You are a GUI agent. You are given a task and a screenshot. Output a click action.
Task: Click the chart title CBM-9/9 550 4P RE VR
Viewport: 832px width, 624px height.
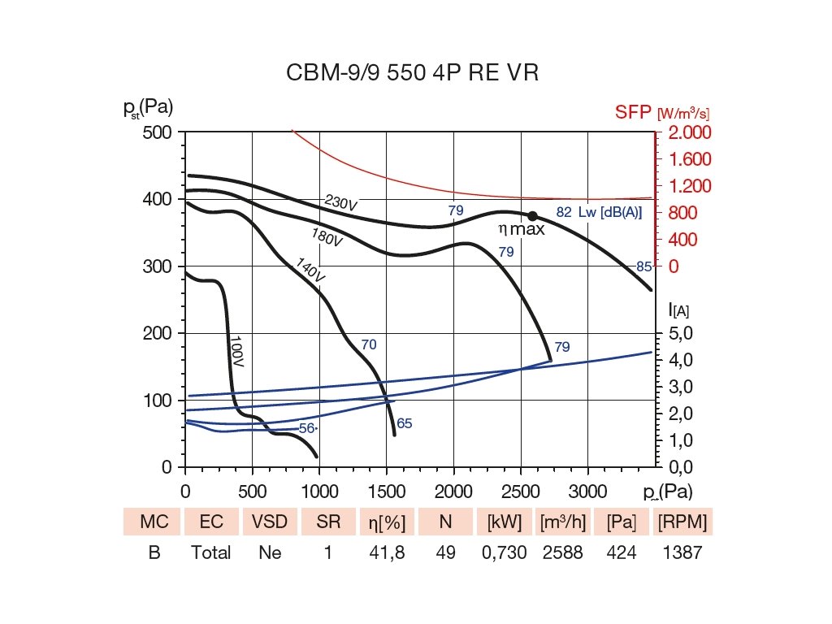pyautogui.click(x=413, y=73)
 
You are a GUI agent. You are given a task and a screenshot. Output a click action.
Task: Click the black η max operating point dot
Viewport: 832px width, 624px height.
pyautogui.click(x=533, y=216)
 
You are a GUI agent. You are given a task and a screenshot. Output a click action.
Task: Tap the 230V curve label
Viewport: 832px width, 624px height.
pyautogui.click(x=340, y=203)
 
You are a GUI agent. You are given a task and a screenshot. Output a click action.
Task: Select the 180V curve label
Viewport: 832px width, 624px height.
pyautogui.click(x=327, y=237)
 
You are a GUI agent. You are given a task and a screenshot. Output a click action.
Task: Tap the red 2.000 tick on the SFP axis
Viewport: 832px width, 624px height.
pyautogui.click(x=690, y=132)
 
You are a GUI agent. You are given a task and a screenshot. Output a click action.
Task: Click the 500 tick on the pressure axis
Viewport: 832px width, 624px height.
pyautogui.click(x=158, y=132)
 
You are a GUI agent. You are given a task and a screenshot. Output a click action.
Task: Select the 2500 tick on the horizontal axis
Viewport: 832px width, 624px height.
pyautogui.click(x=520, y=491)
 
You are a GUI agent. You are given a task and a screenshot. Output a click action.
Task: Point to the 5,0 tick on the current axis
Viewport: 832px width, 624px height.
pyautogui.click(x=680, y=334)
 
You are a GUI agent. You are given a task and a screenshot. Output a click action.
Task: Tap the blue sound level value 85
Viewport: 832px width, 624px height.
pyautogui.click(x=644, y=266)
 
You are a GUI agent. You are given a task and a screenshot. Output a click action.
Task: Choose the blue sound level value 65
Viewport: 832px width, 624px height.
pyautogui.click(x=405, y=423)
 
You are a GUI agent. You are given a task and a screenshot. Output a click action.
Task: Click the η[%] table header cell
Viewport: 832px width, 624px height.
pyautogui.click(x=382, y=522)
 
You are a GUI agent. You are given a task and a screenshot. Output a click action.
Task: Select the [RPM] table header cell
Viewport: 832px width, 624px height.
pyautogui.click(x=682, y=522)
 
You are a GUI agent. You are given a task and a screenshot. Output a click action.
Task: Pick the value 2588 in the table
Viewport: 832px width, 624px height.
pyautogui.click(x=561, y=552)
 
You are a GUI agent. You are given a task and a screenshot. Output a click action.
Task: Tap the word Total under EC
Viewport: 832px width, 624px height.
pyautogui.click(x=211, y=552)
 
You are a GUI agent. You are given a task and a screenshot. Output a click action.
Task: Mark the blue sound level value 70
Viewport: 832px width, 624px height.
pyautogui.click(x=369, y=344)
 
